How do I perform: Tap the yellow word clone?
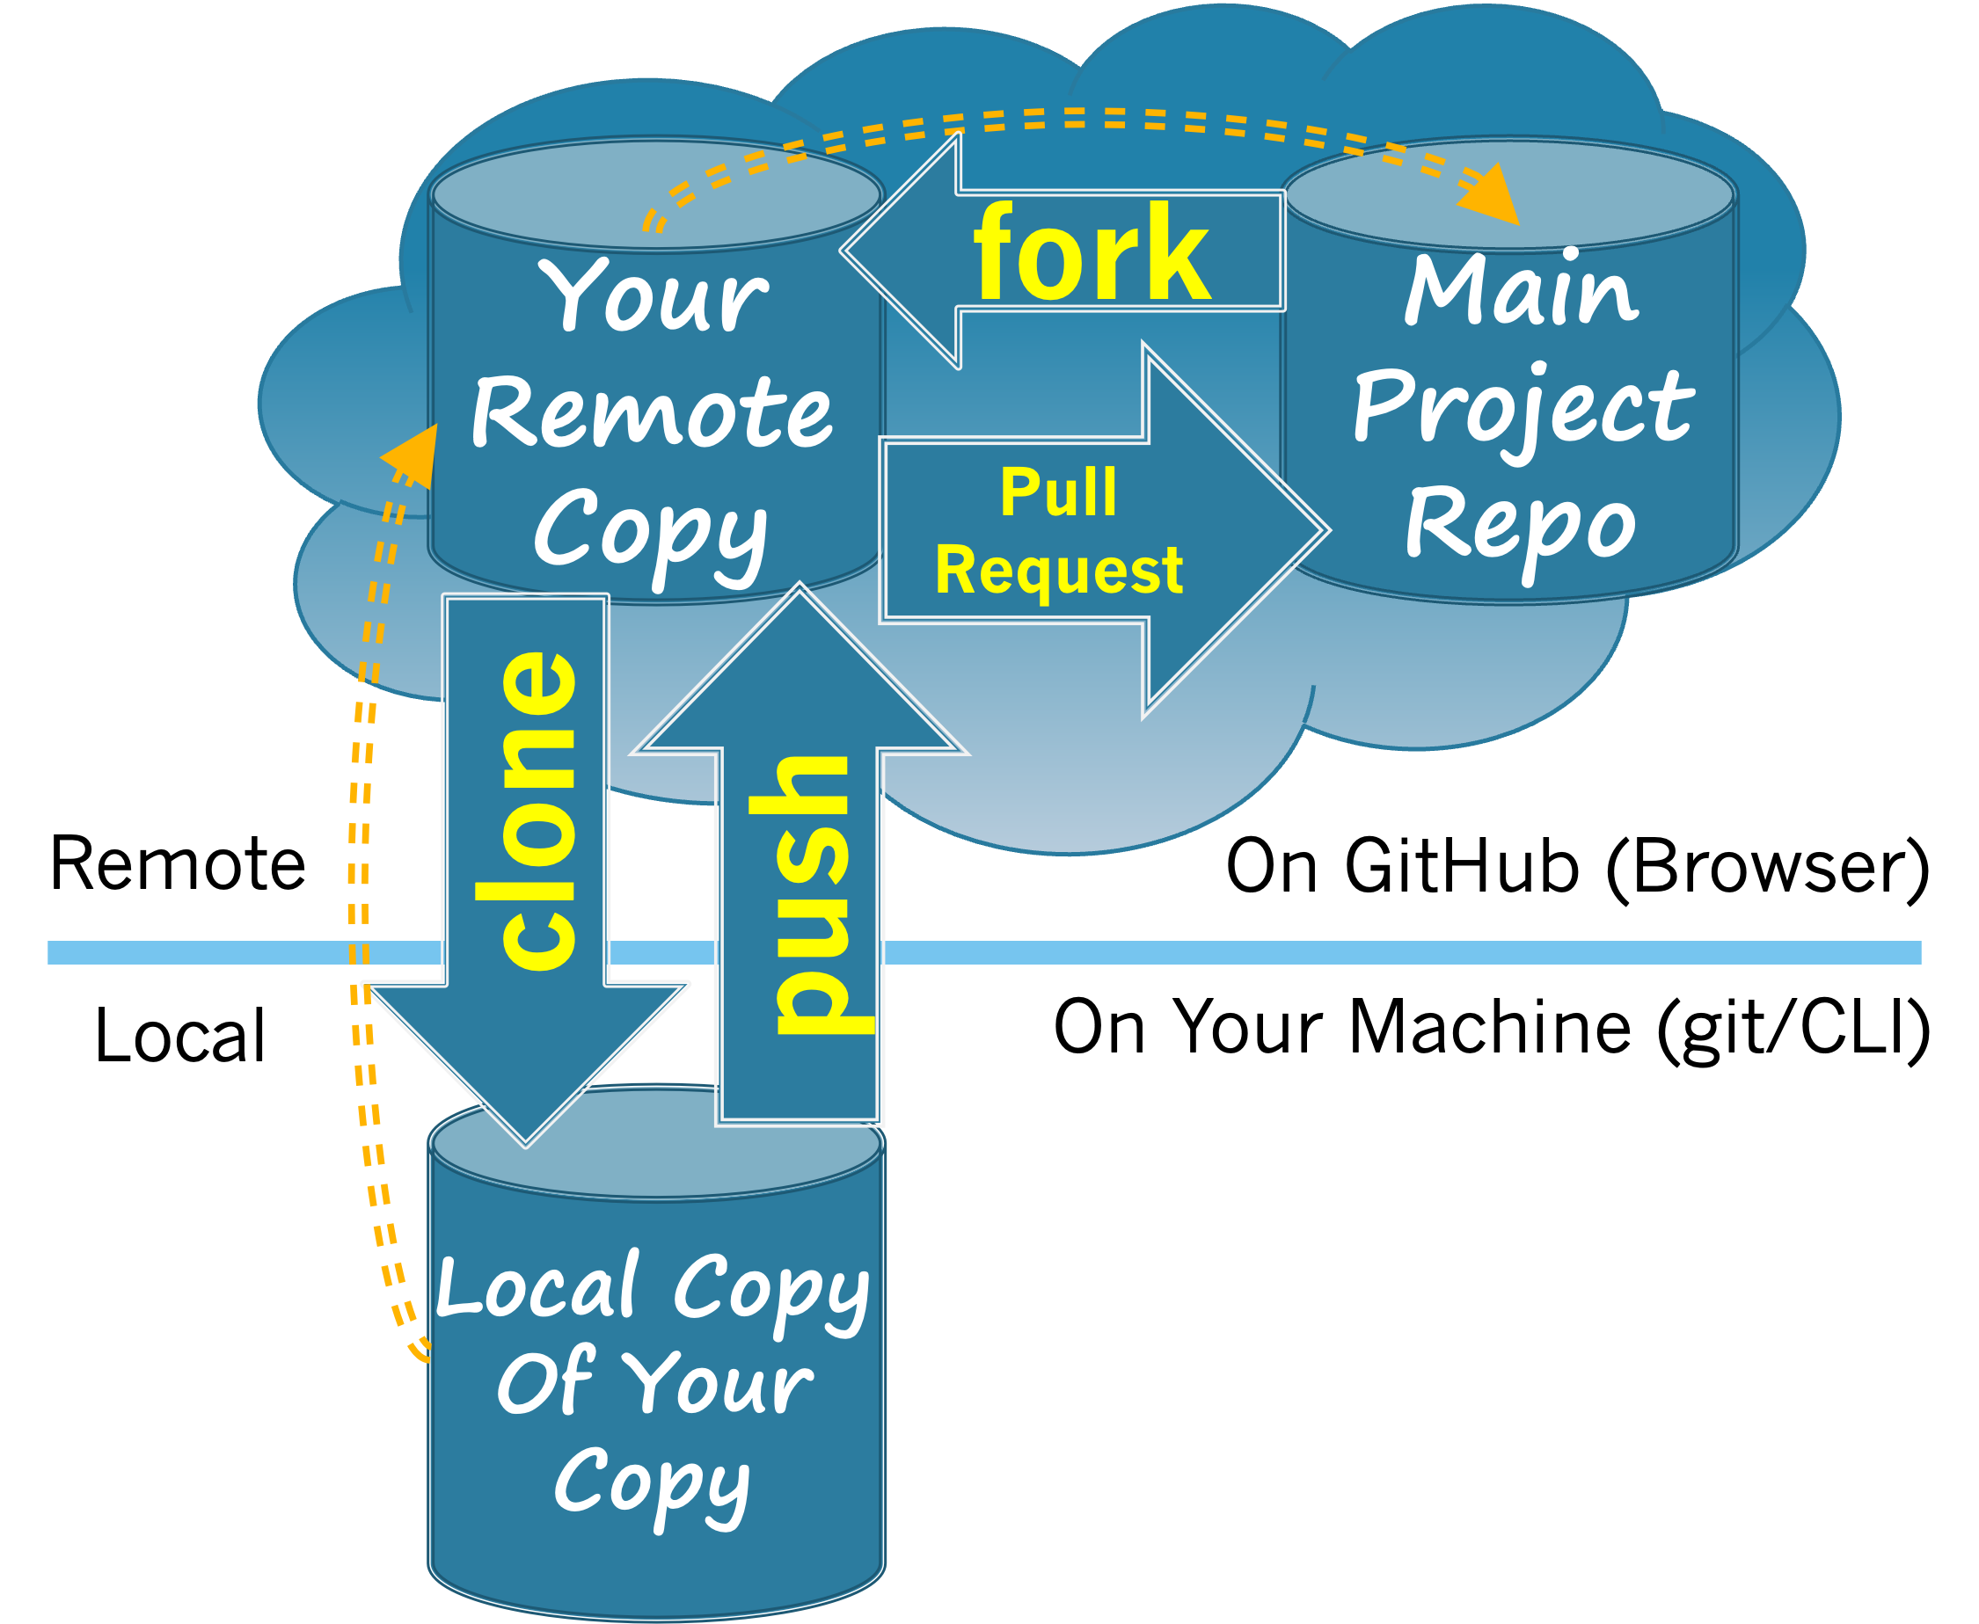pyautogui.click(x=539, y=809)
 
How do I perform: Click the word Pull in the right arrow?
pyautogui.click(x=1058, y=492)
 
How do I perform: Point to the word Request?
pyautogui.click(x=1058, y=571)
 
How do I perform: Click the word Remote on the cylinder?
pyautogui.click(x=651, y=412)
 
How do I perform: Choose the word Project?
pyautogui.click(x=1523, y=408)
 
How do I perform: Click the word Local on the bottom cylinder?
pyautogui.click(x=538, y=1286)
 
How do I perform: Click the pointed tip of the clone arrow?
pyautogui.click(x=526, y=1143)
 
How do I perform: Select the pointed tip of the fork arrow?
pyautogui.click(x=844, y=251)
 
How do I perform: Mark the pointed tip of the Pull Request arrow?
pyautogui.click(x=1327, y=530)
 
